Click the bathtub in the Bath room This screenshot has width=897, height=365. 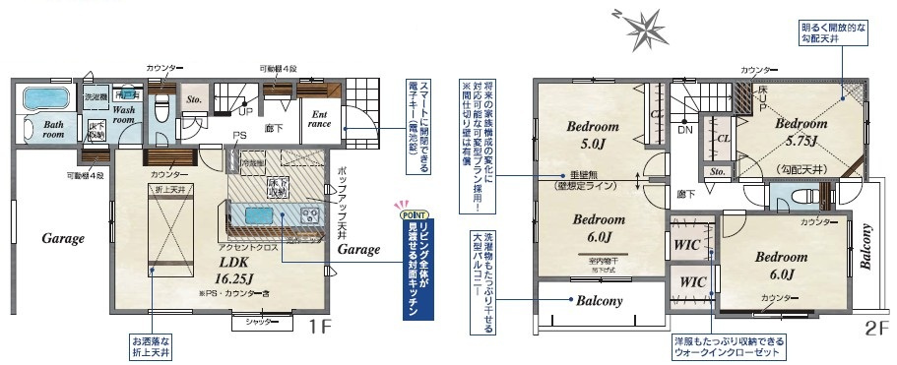pos(42,99)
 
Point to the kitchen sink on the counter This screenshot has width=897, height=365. pos(263,215)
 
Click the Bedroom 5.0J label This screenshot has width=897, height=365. pos(592,137)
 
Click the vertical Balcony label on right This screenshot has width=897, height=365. pos(867,249)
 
